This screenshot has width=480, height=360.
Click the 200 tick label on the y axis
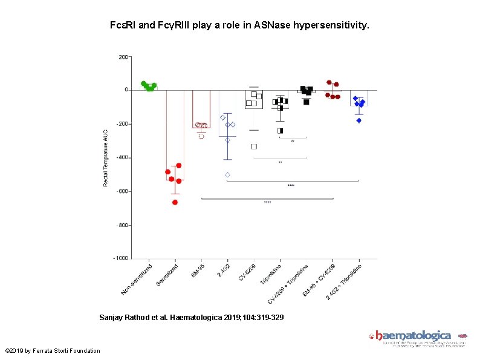tap(123, 57)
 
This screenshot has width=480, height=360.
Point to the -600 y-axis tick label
tap(121, 191)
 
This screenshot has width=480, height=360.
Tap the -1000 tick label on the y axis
tap(120, 258)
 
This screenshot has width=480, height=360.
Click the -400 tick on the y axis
tap(121, 157)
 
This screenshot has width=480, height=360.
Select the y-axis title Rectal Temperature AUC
tap(105, 157)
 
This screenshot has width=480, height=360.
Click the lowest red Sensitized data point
tap(175, 202)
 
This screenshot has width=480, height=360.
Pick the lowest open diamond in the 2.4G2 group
tap(228, 175)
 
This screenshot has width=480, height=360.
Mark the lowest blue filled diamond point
tap(358, 120)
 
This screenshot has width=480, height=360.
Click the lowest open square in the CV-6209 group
tap(254, 146)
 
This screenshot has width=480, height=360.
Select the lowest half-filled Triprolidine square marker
tap(280, 131)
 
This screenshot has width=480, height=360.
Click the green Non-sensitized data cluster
tap(149, 87)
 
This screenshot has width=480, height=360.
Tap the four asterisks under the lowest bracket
tap(267, 203)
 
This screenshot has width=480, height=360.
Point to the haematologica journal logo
tap(414, 336)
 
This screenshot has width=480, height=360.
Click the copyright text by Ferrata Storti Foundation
tap(53, 351)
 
